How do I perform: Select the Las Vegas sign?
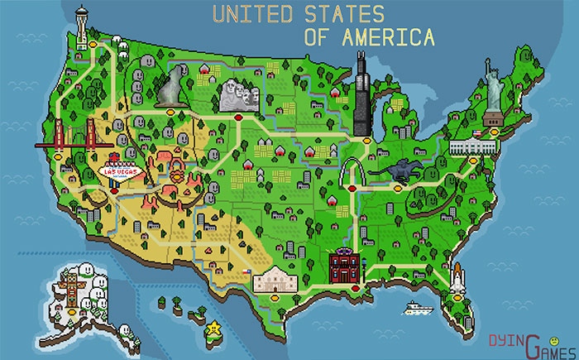[120, 170]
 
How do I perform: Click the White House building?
[473, 146]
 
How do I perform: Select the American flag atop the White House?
[476, 133]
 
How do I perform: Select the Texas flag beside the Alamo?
[246, 271]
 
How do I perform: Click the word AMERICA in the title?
[369, 38]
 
